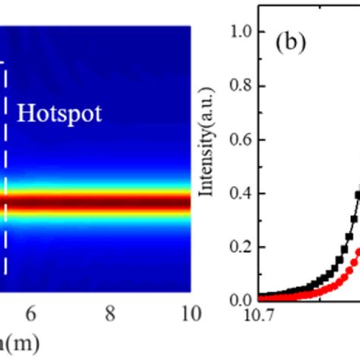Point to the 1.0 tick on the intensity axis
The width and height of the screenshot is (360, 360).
tap(244, 32)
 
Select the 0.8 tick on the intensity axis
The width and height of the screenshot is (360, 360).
tap(244, 86)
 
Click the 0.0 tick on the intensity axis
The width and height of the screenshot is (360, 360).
tap(244, 300)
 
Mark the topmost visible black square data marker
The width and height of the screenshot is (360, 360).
tap(358, 195)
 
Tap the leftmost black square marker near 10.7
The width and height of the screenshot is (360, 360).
tap(261, 297)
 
